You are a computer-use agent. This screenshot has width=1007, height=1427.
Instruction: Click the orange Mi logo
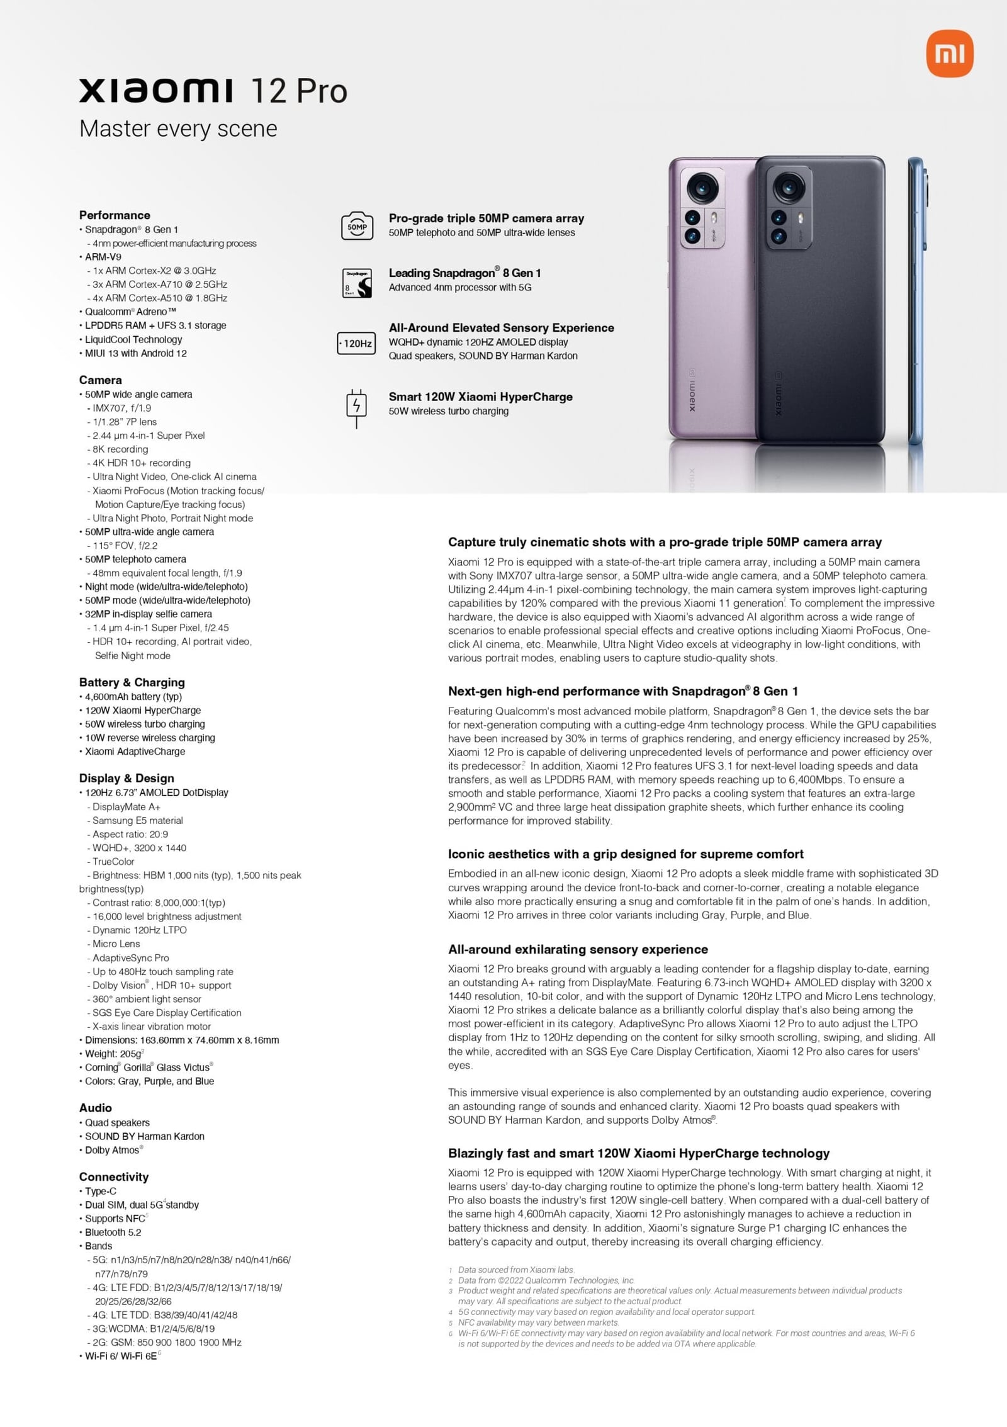point(950,55)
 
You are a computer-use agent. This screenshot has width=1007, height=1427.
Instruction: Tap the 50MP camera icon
point(357,226)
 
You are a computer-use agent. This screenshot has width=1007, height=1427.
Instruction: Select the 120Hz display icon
point(356,343)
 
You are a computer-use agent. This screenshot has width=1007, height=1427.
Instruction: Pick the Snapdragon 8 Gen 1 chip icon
point(357,283)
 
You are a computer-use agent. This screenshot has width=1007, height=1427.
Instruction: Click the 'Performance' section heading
point(115,215)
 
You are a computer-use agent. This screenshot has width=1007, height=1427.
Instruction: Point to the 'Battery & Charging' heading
point(132,682)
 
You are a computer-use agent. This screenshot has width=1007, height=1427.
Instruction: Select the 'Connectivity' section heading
point(114,1177)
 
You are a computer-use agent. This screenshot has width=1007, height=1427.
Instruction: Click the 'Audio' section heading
point(96,1108)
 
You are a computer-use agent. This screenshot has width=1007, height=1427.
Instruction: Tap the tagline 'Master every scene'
point(178,128)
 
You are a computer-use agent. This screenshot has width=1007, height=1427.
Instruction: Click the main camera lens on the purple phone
point(702,187)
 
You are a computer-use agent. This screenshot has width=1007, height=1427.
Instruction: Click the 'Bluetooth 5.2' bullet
point(113,1232)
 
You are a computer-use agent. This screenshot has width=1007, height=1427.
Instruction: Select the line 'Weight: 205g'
point(113,1054)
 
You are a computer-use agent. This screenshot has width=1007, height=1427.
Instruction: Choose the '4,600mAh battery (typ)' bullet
point(133,697)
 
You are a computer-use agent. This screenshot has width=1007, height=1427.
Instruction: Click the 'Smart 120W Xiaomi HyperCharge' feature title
point(480,397)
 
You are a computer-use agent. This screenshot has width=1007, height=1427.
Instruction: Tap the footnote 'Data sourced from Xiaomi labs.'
point(516,1270)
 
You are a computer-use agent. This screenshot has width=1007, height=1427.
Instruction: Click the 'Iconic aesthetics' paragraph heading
point(626,854)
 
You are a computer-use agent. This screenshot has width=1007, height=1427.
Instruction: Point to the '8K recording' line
point(120,449)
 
